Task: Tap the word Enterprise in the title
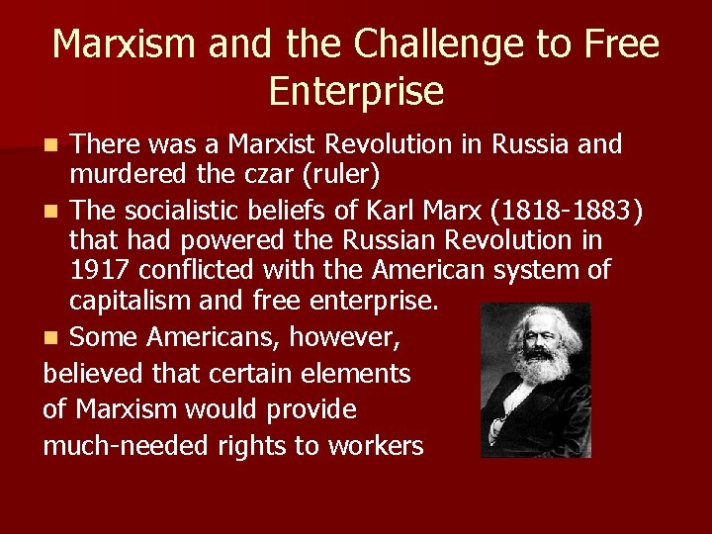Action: tap(356, 92)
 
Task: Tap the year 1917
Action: tap(103, 270)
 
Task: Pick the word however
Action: tap(347, 338)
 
